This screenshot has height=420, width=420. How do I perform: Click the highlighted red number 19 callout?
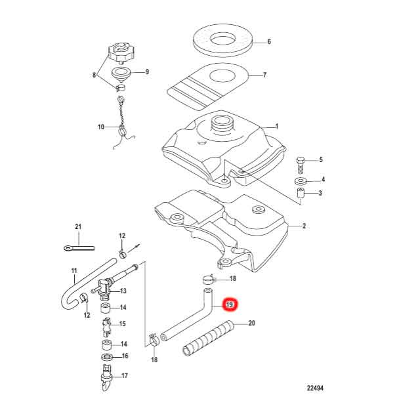[x=230, y=304]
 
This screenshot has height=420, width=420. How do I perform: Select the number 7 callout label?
[x=264, y=75]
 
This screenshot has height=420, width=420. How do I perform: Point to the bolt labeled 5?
[x=300, y=160]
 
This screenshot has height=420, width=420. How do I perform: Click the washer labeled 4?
[x=301, y=180]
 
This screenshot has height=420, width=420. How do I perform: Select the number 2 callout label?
[x=304, y=226]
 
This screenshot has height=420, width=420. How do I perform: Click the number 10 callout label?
[x=100, y=127]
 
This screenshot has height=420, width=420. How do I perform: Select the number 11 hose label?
[x=73, y=270]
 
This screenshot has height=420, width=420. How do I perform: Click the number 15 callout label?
[x=123, y=324]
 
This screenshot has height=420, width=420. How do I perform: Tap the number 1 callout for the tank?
[x=277, y=127]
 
